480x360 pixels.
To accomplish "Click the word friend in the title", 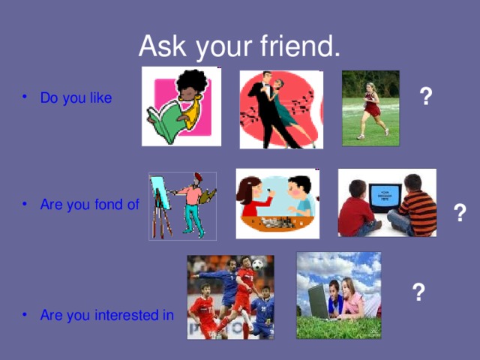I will tap(300, 46).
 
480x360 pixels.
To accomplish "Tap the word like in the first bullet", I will tap(100, 99).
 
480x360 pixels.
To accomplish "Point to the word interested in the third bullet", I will tap(128, 315).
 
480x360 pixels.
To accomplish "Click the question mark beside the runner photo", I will tap(425, 97).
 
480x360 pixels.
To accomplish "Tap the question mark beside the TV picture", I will tap(460, 213).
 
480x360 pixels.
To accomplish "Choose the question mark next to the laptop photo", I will tap(420, 292).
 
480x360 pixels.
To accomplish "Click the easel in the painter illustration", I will tap(159, 199).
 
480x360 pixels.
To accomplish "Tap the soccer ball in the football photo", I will tap(257, 265).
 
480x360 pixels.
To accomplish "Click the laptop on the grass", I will tap(318, 301).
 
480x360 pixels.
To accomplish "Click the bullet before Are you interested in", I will tap(27, 315).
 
